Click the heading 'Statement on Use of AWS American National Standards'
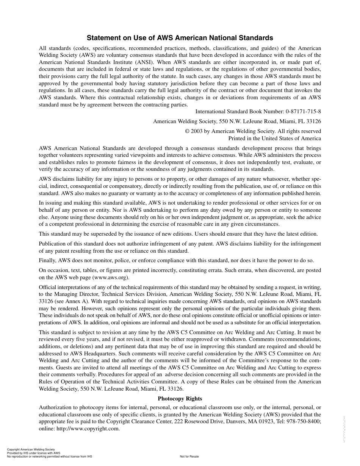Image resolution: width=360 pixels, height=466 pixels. click(x=180, y=38)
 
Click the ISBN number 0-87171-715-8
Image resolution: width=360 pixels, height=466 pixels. click(x=304, y=112)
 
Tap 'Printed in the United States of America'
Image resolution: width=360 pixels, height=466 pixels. click(x=274, y=138)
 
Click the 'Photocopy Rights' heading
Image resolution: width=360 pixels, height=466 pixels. click(x=180, y=399)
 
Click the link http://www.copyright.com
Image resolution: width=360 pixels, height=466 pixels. click(x=88, y=429)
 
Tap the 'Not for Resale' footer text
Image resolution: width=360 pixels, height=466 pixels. click(x=189, y=457)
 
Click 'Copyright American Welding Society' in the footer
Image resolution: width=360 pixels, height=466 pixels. click(x=31, y=450)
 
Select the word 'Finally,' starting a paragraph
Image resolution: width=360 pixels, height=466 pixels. click(x=48, y=260)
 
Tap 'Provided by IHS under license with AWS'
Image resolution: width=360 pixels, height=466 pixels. click(x=33, y=453)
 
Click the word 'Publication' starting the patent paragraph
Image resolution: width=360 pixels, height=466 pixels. click(x=53, y=244)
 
